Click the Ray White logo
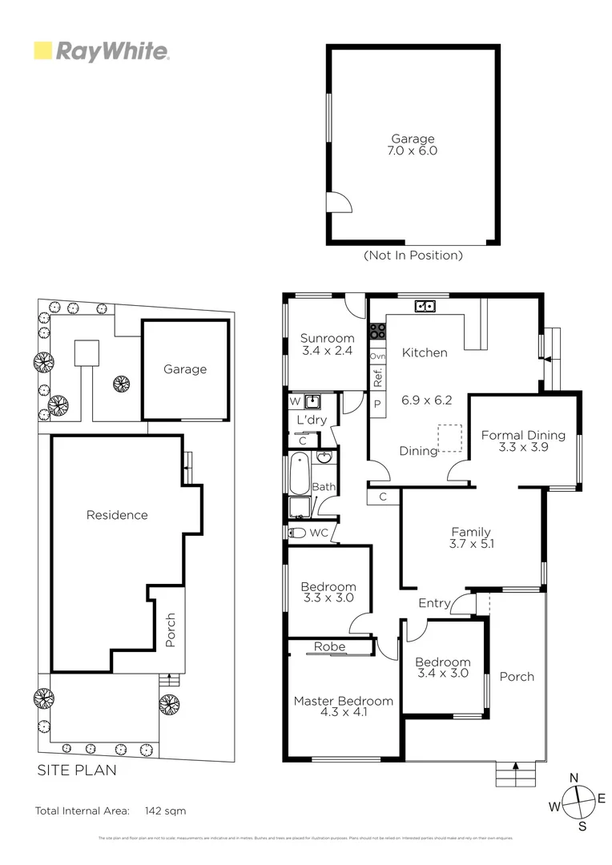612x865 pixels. pos(101,52)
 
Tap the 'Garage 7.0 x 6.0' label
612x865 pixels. pos(413,145)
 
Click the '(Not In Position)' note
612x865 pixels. pos(413,255)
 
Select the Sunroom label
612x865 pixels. pos(327,344)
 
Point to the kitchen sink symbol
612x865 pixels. pos(425,306)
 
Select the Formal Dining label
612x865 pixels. pos(523,441)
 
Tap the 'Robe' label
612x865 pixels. pos(329,646)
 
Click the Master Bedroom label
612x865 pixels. pos(343,706)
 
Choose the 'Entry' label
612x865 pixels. pos(434,603)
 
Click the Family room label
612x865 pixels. pos(471,537)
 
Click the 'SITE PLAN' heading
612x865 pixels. pos(77,770)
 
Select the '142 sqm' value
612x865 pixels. pos(165,811)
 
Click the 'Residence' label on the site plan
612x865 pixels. pos(117,515)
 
